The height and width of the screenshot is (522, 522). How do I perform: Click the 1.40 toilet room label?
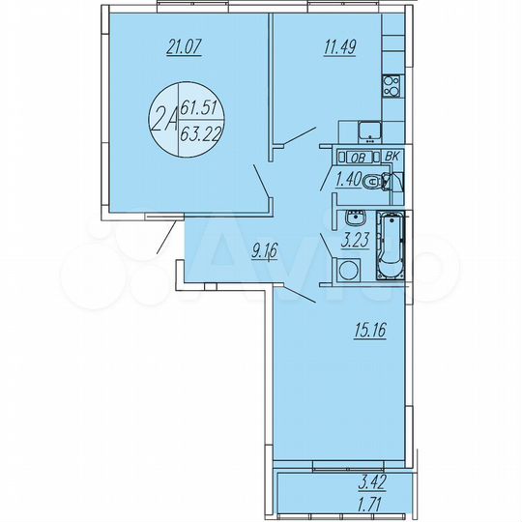click(x=349, y=177)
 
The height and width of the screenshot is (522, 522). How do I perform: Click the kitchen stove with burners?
click(x=392, y=87)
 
